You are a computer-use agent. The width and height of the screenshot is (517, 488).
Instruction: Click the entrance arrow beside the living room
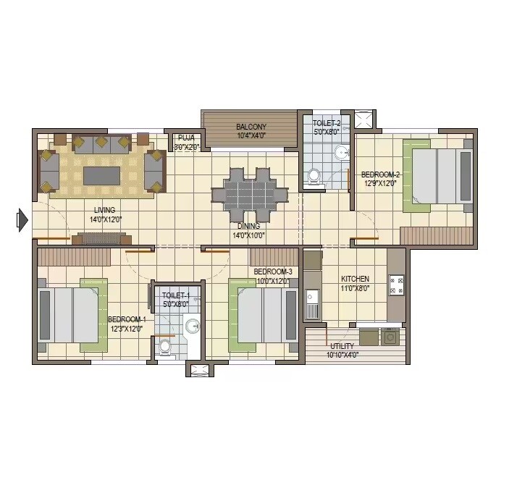point(22,219)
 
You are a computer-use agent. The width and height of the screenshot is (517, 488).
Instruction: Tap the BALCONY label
point(251,127)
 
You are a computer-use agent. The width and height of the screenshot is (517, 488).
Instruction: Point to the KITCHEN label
point(355,279)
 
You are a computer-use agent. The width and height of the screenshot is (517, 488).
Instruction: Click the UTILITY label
point(342,347)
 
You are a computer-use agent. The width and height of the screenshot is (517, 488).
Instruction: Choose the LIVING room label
point(104,211)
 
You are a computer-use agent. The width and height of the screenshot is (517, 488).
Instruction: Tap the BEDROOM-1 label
point(127,319)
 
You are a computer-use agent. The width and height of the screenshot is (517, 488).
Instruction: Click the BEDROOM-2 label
point(380,174)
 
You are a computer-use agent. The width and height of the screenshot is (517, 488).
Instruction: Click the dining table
point(249,194)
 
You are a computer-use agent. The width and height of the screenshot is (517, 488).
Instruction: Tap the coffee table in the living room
point(101,176)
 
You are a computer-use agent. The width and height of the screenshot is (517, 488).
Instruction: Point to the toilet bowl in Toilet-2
point(314,175)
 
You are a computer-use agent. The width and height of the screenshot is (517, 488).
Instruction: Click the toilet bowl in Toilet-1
point(165,347)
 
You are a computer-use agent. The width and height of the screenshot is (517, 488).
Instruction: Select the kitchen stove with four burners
point(396,285)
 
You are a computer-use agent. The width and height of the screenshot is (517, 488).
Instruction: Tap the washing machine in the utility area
point(391,337)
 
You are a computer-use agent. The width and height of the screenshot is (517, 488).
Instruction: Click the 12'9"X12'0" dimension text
point(381,183)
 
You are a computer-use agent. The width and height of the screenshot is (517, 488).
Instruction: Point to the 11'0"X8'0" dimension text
point(355,287)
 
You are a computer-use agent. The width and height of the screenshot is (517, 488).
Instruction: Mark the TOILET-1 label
point(175,295)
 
